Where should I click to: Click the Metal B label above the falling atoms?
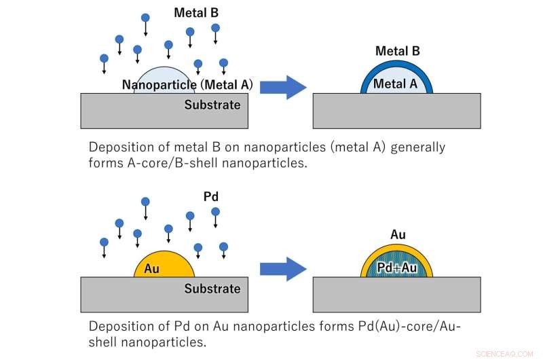[x=196, y=12]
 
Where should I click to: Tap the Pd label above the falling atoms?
[x=211, y=196]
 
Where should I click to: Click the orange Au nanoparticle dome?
[x=164, y=265]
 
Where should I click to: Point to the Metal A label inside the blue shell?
[x=396, y=84]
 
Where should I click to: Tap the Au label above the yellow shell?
[x=398, y=235]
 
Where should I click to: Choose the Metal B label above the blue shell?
[x=398, y=51]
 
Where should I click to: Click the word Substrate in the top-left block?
[x=212, y=105]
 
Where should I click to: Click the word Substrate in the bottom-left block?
[x=212, y=289]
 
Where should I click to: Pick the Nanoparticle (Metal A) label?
[x=187, y=85]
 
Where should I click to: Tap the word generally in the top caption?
[x=415, y=147]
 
